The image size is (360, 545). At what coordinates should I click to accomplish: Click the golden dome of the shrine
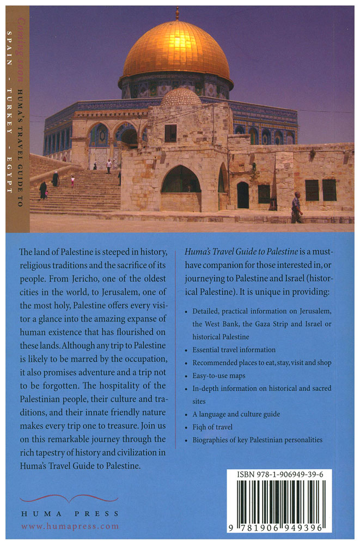175,50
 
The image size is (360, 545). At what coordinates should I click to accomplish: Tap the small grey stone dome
181,98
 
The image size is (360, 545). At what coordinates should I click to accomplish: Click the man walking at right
296,207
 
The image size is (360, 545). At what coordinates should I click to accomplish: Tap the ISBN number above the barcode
280,475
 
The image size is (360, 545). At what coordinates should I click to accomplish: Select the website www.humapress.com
70,526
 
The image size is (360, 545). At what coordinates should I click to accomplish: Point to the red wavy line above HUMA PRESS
60,498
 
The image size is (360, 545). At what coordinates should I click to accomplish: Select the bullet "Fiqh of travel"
213,427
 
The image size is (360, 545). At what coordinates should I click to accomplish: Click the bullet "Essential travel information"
234,349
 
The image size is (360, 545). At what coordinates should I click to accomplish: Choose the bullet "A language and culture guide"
236,414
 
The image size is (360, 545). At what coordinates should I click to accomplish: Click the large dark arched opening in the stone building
181,180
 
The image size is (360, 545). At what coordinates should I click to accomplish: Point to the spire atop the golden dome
176,13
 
